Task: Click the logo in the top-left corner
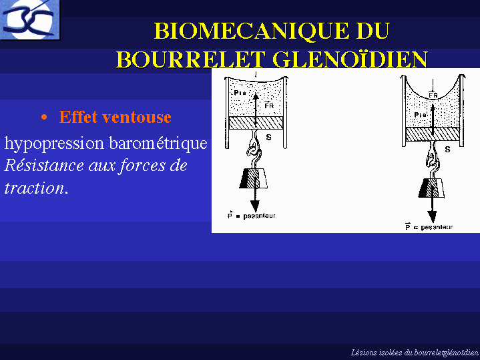click(x=29, y=20)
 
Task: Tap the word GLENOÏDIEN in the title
click(x=350, y=59)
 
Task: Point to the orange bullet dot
click(x=44, y=118)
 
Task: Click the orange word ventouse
click(x=137, y=117)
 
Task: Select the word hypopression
click(x=54, y=144)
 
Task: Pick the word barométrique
click(x=158, y=144)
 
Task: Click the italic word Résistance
click(x=44, y=166)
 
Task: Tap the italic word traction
click(x=34, y=188)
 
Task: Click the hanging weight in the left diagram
click(x=253, y=178)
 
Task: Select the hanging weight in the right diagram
click(x=432, y=188)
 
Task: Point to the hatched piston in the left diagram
click(x=256, y=122)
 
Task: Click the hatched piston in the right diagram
click(x=433, y=134)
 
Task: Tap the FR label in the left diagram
click(x=269, y=106)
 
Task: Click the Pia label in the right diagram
click(x=420, y=115)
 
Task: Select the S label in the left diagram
click(x=268, y=138)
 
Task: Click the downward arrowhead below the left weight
click(x=255, y=206)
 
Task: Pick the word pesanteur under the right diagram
click(x=437, y=227)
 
